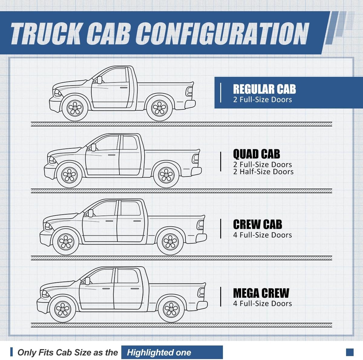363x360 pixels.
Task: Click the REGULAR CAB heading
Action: pyautogui.click(x=264, y=89)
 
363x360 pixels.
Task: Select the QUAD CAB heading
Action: pyautogui.click(x=256, y=154)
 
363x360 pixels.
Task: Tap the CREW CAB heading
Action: pyautogui.click(x=257, y=225)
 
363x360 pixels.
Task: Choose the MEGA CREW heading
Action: pyautogui.click(x=261, y=293)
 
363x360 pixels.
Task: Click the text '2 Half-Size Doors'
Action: pyautogui.click(x=263, y=172)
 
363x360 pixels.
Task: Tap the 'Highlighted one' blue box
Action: pyautogui.click(x=172, y=352)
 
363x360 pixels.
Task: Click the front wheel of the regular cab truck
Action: pyautogui.click(x=75, y=108)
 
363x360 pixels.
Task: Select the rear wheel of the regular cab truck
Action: pyautogui.click(x=159, y=108)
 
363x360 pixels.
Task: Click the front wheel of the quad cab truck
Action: pyautogui.click(x=69, y=175)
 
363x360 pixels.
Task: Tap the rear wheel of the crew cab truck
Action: pyautogui.click(x=170, y=242)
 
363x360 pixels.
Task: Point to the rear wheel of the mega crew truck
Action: pyautogui.click(x=171, y=309)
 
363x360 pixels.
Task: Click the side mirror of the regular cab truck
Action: pyautogui.click(x=99, y=80)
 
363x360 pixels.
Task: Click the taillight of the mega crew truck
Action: pyautogui.click(x=201, y=292)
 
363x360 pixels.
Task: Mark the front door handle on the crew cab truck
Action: pyautogui.click(x=109, y=221)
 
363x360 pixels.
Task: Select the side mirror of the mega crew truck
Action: pyautogui.click(x=87, y=281)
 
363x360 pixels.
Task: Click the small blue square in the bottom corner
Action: pyautogui.click(x=350, y=352)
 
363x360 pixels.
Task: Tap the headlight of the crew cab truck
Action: pyautogui.click(x=48, y=226)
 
